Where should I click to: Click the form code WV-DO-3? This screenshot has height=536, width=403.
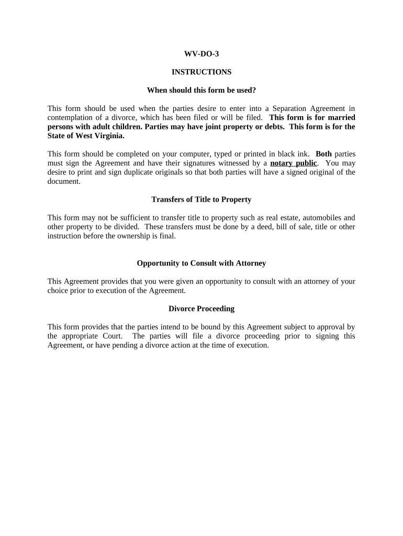click(201, 53)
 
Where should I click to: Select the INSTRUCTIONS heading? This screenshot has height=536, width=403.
click(201, 72)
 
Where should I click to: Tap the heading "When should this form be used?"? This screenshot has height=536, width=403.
click(201, 90)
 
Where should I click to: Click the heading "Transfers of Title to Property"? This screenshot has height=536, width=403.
click(201, 199)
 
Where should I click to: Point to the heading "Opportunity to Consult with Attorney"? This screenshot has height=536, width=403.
click(201, 263)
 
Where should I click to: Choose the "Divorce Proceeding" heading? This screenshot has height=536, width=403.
click(201, 309)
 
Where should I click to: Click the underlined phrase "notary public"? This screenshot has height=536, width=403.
click(293, 163)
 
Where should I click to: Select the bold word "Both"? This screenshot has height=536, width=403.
click(323, 154)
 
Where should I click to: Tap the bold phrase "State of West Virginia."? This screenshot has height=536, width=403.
click(86, 136)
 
